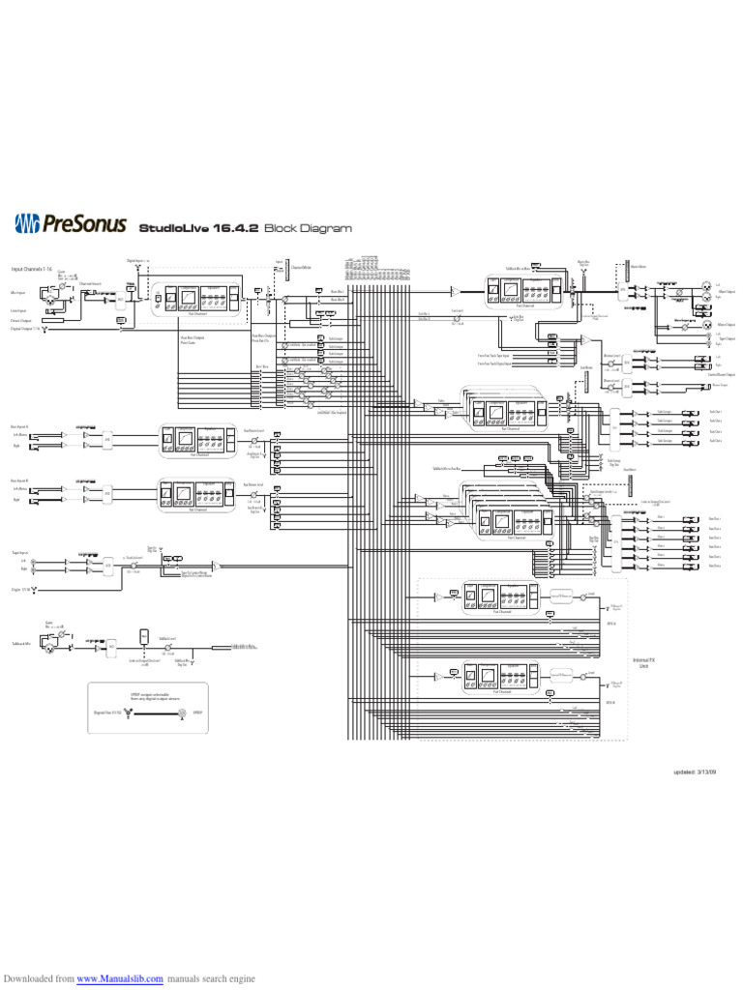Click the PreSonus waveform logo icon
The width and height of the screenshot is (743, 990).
[x=28, y=224]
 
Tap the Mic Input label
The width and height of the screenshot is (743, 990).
[x=18, y=291]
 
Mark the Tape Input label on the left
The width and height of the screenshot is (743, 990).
[x=19, y=552]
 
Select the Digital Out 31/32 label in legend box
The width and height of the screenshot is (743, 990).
[x=105, y=712]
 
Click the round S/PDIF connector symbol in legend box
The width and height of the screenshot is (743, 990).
[x=181, y=713]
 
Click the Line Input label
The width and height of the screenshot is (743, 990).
[x=18, y=311]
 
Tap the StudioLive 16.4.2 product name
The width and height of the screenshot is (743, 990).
[x=199, y=229]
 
